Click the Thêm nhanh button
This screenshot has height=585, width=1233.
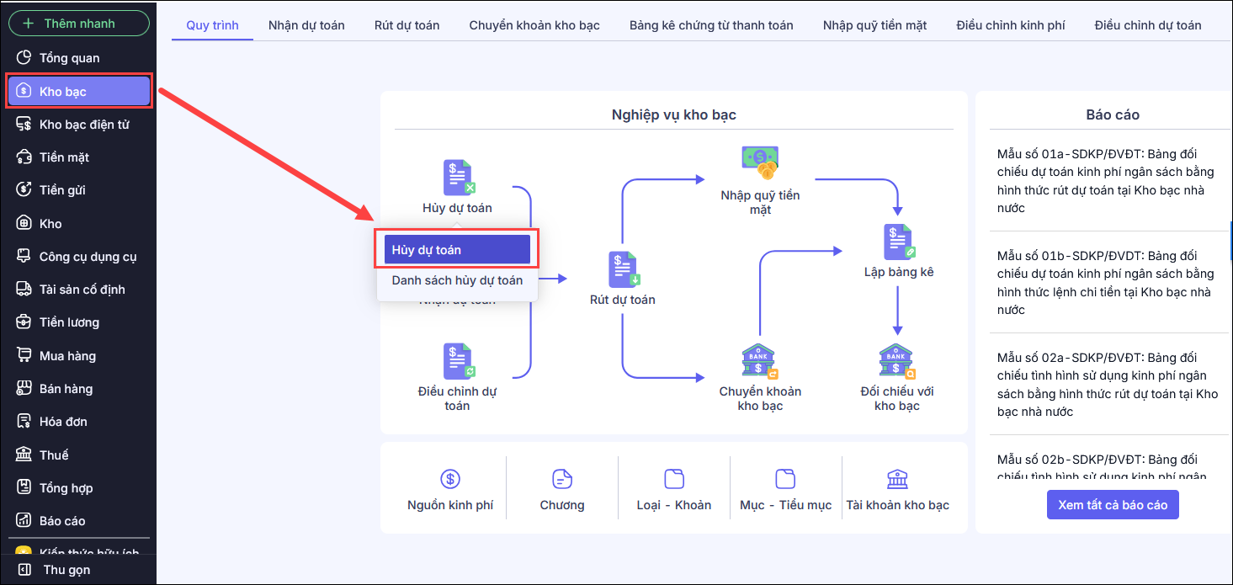click(x=79, y=24)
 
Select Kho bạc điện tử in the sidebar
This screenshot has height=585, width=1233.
click(x=83, y=125)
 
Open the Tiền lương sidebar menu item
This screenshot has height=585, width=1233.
click(x=69, y=322)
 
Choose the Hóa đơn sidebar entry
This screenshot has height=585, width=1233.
click(x=63, y=422)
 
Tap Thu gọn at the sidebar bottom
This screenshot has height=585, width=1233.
click(x=66, y=570)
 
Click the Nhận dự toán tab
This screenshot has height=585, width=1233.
click(x=306, y=25)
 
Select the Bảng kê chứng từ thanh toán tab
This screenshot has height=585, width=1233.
click(x=711, y=25)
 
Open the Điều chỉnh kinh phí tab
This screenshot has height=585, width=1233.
click(x=1011, y=25)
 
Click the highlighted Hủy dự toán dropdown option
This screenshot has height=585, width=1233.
click(x=457, y=250)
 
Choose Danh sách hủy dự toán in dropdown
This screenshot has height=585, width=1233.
click(x=457, y=280)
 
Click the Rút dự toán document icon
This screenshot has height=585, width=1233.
click(x=624, y=269)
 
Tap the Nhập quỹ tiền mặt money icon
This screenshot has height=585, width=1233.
click(x=760, y=162)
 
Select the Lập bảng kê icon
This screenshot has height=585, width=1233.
click(x=899, y=242)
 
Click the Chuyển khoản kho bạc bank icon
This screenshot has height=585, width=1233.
click(x=760, y=362)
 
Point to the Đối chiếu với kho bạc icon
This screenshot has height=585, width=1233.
click(x=897, y=362)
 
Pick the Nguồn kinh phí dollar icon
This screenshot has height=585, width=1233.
click(x=450, y=480)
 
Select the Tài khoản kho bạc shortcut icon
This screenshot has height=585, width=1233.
click(x=897, y=480)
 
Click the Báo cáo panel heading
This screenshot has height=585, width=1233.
click(x=1113, y=114)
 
